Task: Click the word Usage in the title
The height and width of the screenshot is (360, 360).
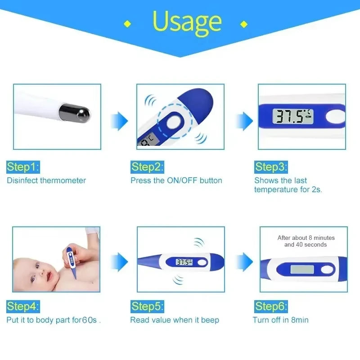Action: (x=187, y=21)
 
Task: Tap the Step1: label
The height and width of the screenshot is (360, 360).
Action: (x=23, y=167)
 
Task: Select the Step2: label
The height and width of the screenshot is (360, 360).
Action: (x=147, y=167)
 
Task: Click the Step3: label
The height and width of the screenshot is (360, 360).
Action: (x=271, y=167)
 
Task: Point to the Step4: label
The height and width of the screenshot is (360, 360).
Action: (x=23, y=307)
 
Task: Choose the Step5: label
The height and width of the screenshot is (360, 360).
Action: (x=147, y=307)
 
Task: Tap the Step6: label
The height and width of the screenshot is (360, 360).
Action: (x=271, y=307)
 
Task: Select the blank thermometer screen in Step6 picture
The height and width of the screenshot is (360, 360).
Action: (x=302, y=270)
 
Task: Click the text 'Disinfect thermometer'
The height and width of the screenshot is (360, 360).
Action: (x=46, y=180)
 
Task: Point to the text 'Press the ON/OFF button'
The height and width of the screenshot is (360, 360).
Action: (x=176, y=180)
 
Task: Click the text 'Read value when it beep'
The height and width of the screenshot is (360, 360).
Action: (x=175, y=320)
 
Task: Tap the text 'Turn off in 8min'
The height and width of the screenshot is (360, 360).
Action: (x=280, y=320)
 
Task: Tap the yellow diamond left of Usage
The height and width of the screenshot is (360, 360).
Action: (x=127, y=24)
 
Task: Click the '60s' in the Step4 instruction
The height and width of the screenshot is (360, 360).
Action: (x=90, y=320)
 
